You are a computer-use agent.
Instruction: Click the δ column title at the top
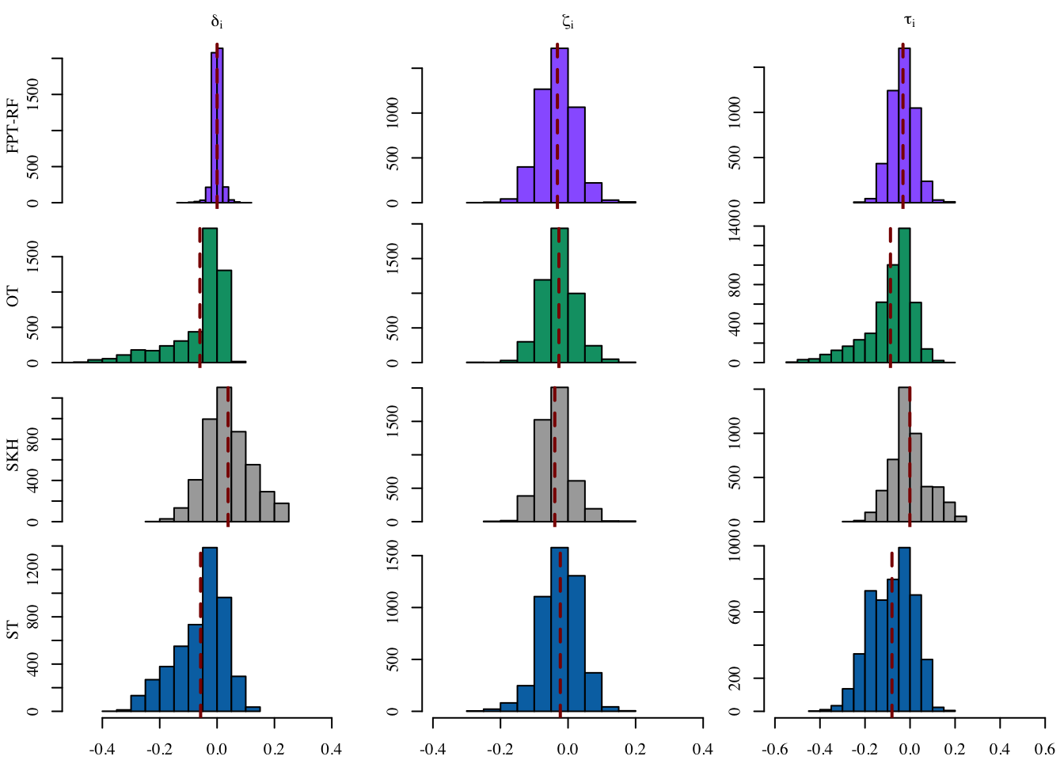(x=217, y=22)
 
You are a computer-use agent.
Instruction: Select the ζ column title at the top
(x=568, y=22)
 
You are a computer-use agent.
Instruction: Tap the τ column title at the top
(x=910, y=22)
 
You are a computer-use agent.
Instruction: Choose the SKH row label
(x=13, y=456)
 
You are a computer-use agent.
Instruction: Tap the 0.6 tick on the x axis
(x=1045, y=748)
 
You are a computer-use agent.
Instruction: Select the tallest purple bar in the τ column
(x=904, y=127)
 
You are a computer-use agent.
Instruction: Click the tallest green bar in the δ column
(x=210, y=297)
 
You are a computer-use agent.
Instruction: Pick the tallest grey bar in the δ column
(x=224, y=455)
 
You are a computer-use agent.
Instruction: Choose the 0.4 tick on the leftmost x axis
(x=331, y=748)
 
